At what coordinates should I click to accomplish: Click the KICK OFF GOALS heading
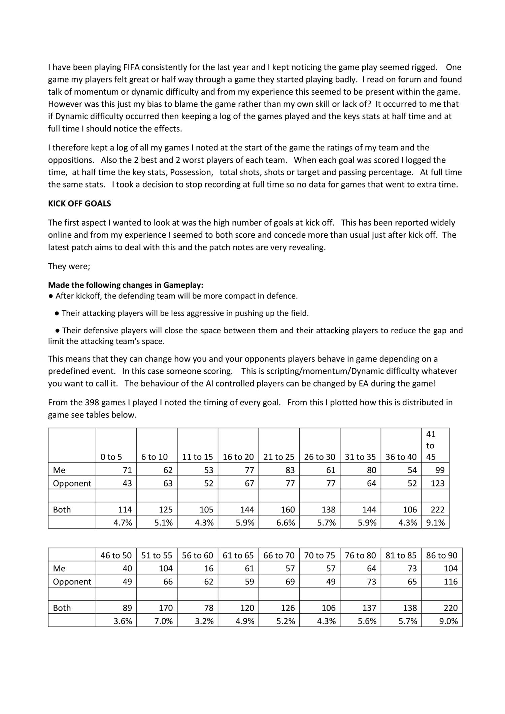coord(79,204)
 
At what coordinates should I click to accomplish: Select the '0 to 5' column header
coord(111,457)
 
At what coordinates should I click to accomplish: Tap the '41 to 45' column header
coord(431,445)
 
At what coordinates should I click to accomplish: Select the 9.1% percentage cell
coord(436,522)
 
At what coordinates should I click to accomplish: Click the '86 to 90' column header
coord(442,555)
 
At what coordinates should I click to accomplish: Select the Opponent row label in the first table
coord(72,483)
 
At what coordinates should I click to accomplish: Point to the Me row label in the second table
coord(59,568)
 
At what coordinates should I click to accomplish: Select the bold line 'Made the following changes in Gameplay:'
coord(126,285)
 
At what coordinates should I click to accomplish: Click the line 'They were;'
coord(69,266)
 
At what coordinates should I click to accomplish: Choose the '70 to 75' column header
coord(319,555)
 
